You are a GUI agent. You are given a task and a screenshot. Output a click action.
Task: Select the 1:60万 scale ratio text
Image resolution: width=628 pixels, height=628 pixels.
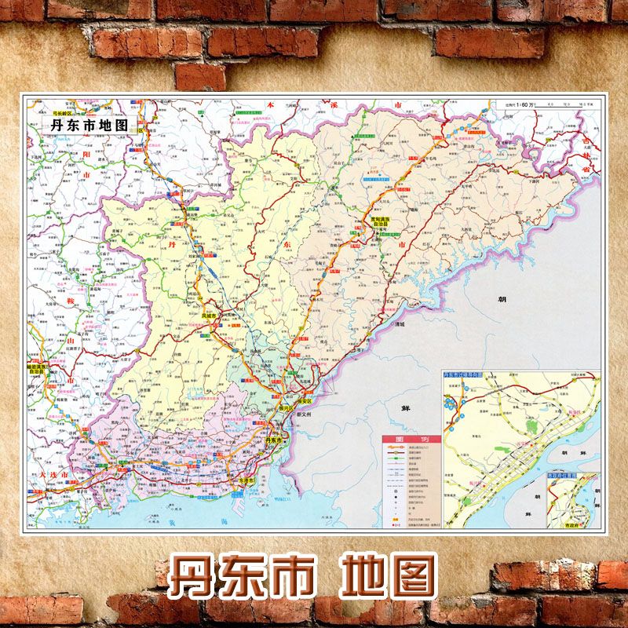516,104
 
